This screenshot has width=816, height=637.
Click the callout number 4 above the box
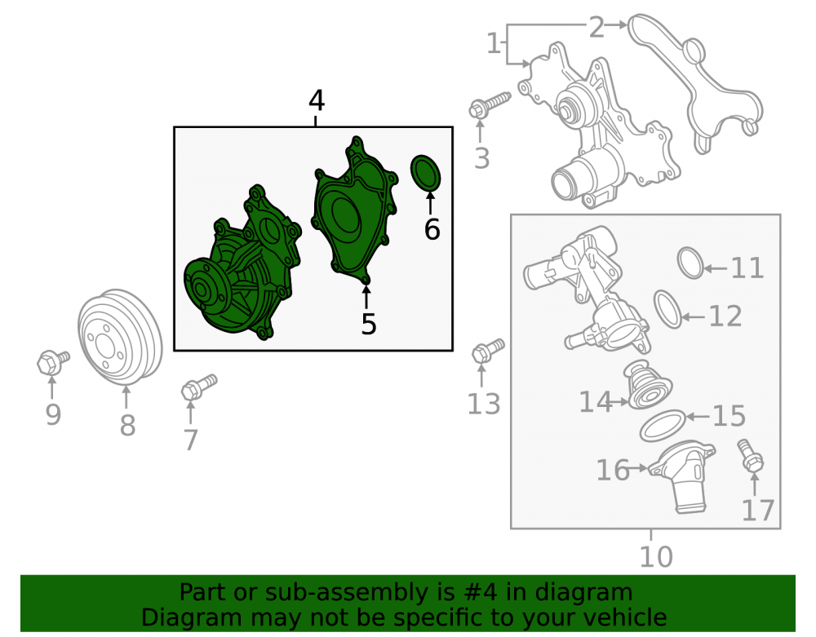pos(317,100)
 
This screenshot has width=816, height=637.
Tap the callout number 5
pos(369,324)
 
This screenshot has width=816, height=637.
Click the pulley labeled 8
pos(120,338)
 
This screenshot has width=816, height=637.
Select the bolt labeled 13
pos(488,351)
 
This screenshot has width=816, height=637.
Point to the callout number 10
pos(656,557)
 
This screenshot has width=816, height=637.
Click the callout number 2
pos(596,27)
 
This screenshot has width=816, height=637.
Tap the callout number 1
pos(494,43)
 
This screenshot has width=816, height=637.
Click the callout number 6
pos(432,229)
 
